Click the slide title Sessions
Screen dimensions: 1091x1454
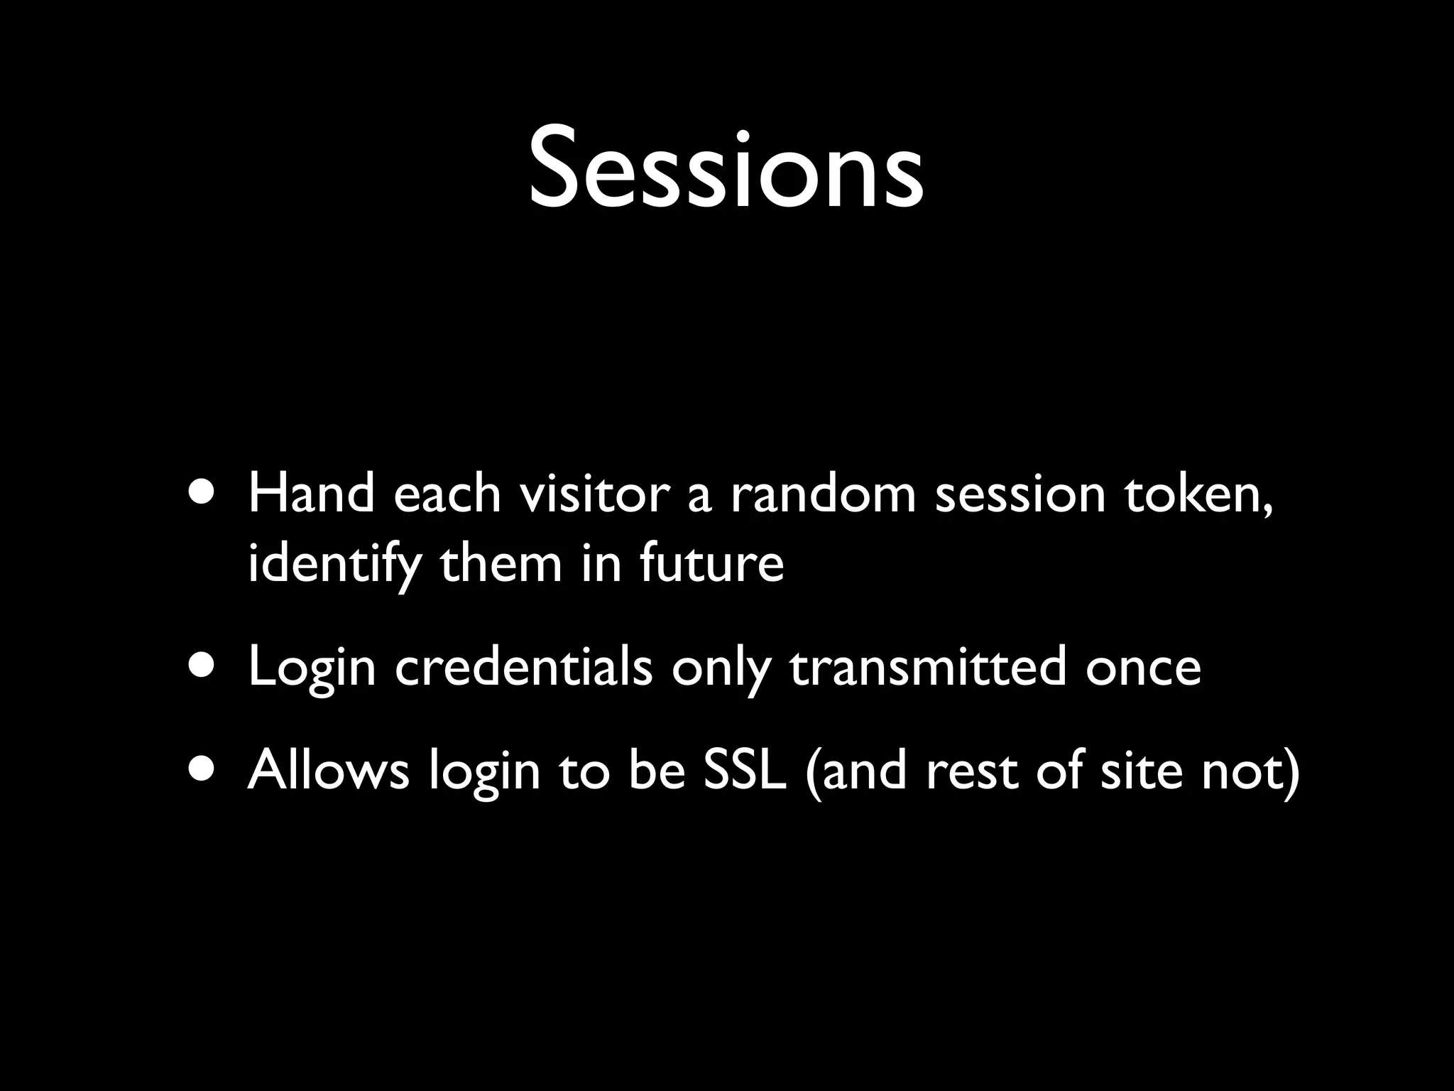726,170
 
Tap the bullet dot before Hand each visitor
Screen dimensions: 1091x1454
204,494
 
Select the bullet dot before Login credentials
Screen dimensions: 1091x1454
204,668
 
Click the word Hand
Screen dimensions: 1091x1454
311,494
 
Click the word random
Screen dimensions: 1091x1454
824,494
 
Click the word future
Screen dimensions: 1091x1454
711,564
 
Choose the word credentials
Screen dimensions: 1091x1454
523,668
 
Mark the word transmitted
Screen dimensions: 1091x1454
927,668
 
